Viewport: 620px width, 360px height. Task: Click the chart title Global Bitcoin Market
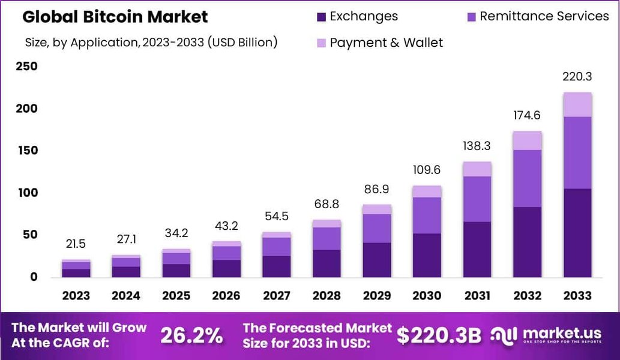[x=115, y=17]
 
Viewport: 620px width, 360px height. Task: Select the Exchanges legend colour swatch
[x=321, y=17]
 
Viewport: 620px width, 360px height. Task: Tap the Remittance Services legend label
[x=544, y=16]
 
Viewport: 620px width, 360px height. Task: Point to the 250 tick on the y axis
[x=26, y=67]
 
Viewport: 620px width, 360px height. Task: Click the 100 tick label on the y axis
[x=26, y=193]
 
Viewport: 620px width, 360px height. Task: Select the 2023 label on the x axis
[x=76, y=296]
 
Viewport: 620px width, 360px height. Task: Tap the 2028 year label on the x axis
[x=327, y=296]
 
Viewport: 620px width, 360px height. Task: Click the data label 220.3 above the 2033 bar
[x=577, y=77]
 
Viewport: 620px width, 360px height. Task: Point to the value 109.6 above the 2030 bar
[x=427, y=170]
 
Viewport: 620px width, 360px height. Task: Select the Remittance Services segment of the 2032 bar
[x=527, y=178]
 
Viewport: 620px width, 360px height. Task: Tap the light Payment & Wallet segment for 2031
[x=477, y=169]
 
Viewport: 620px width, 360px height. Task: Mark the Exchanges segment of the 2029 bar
[x=376, y=260]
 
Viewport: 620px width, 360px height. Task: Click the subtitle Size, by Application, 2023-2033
[x=151, y=43]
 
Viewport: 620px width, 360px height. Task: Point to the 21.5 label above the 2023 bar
[x=76, y=244]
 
